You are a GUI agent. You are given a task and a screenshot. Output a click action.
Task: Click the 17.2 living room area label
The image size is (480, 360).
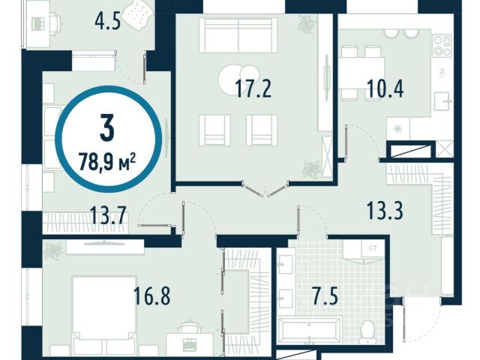pyautogui.click(x=253, y=88)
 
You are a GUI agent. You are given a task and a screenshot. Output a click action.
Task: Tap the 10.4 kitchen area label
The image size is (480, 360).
pyautogui.click(x=385, y=88)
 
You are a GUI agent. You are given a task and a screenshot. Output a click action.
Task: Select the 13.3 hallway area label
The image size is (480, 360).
pyautogui.click(x=385, y=211)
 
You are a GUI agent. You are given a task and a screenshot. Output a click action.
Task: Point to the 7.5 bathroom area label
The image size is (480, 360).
pyautogui.click(x=325, y=296)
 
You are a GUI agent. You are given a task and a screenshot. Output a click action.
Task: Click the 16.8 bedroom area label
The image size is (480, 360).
pyautogui.click(x=151, y=295)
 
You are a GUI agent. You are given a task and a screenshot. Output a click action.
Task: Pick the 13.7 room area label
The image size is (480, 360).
pyautogui.click(x=108, y=215)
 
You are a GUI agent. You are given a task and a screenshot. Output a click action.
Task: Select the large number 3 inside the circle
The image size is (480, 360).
pyautogui.click(x=107, y=127)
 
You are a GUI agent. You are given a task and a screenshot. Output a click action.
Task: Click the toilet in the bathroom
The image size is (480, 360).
pyautogui.click(x=367, y=332)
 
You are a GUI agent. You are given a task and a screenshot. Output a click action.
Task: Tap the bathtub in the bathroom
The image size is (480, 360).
pyautogui.click(x=309, y=331)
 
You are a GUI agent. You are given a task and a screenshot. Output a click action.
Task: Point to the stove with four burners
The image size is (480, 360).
pyautogui.click(x=442, y=46)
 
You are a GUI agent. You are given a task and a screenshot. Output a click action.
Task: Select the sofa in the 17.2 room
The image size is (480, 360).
pyautogui.click(x=238, y=35)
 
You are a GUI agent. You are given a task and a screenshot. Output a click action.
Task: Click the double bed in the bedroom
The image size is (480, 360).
pyautogui.click(x=105, y=316)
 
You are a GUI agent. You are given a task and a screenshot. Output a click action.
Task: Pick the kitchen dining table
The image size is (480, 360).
pyautogui.click(x=361, y=73)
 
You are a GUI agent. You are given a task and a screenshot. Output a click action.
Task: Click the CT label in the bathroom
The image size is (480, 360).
pyautogui.click(x=373, y=248)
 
